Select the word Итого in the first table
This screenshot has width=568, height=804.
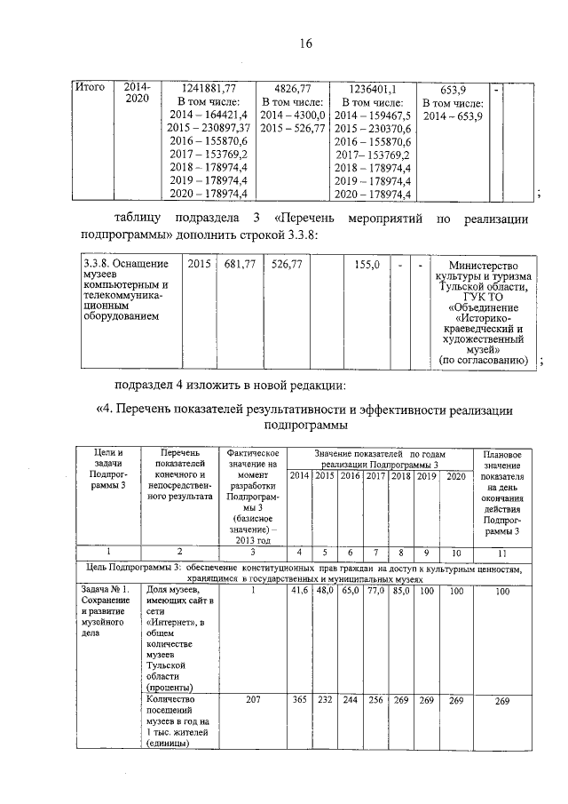90,87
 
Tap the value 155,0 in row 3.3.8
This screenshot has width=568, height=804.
367,264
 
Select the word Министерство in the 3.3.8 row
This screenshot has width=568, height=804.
485,265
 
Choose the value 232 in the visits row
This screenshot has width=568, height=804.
325,699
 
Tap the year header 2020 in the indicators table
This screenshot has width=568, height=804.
455,477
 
